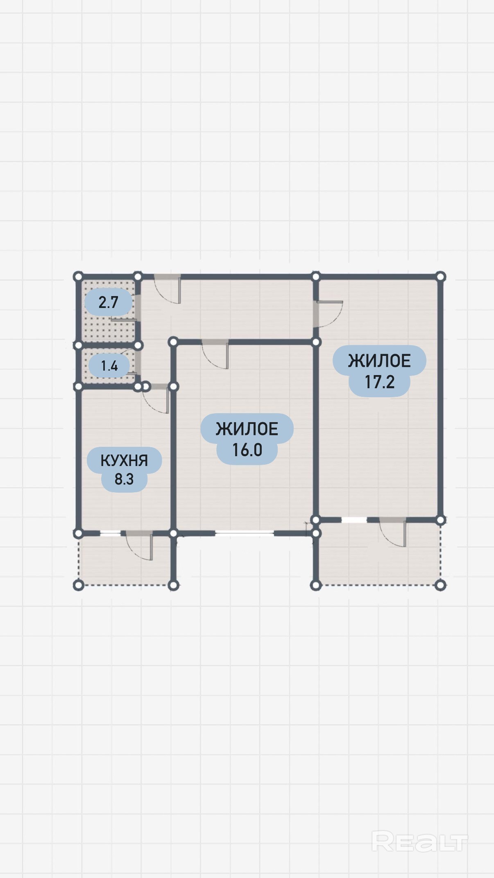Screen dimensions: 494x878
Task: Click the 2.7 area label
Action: pyautogui.click(x=108, y=302)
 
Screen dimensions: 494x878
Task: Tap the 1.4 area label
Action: pyautogui.click(x=109, y=365)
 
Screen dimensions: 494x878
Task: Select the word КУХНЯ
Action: pyautogui.click(x=124, y=461)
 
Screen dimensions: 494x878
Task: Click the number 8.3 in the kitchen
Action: pyautogui.click(x=124, y=479)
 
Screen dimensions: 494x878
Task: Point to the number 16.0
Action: pyautogui.click(x=247, y=450)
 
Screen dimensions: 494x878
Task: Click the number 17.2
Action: pyautogui.click(x=380, y=382)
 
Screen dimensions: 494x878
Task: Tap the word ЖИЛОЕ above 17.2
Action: pyautogui.click(x=379, y=361)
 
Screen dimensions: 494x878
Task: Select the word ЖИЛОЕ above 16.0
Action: pyautogui.click(x=247, y=429)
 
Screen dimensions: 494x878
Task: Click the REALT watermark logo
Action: pyautogui.click(x=419, y=841)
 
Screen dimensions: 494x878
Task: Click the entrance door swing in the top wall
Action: pyautogui.click(x=168, y=290)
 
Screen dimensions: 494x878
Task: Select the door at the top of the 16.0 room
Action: pyautogui.click(x=215, y=355)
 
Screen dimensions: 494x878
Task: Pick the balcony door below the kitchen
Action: pyautogui.click(x=139, y=545)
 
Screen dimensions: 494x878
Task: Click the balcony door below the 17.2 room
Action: pyautogui.click(x=393, y=532)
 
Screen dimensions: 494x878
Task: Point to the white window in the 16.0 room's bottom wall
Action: pyautogui.click(x=245, y=533)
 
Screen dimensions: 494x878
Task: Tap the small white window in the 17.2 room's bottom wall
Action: pyautogui.click(x=354, y=520)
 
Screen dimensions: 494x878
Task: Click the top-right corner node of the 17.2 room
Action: pyautogui.click(x=440, y=277)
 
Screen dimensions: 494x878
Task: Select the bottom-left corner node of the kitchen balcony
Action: pyautogui.click(x=78, y=585)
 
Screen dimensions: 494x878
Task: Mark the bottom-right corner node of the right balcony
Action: pyautogui.click(x=440, y=585)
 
